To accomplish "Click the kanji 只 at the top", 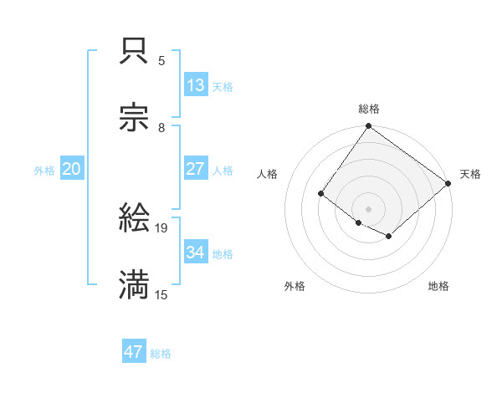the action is click(x=134, y=52).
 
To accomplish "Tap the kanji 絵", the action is click(x=134, y=218).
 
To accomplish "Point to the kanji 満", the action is click(x=134, y=284).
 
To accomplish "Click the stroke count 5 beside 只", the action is click(x=161, y=61).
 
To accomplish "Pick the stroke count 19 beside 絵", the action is click(x=162, y=227).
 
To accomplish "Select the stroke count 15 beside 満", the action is click(x=162, y=294).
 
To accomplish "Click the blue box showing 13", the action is click(x=196, y=85).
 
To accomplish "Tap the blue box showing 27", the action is click(x=196, y=169).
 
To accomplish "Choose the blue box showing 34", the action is click(x=196, y=253).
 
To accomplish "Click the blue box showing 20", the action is click(x=72, y=169).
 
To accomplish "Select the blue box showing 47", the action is click(x=134, y=352).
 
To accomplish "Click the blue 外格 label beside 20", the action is click(x=44, y=171).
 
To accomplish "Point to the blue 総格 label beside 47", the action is click(x=161, y=354).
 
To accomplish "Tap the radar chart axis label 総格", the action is click(x=369, y=109).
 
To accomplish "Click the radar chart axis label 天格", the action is click(x=470, y=174).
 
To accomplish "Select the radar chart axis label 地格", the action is click(x=438, y=287).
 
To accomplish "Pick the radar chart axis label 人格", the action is click(x=268, y=174).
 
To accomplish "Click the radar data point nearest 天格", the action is click(x=448, y=184).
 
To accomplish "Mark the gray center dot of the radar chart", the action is click(x=368, y=209).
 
